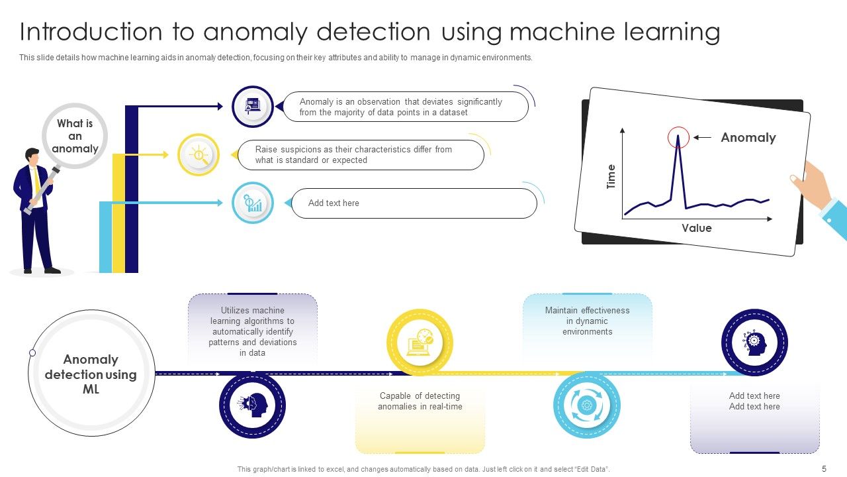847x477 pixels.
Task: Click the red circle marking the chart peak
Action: [x=678, y=138]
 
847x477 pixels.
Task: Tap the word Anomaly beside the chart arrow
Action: [x=748, y=138]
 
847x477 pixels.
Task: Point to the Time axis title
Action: [x=611, y=177]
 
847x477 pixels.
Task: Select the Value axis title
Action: [x=697, y=228]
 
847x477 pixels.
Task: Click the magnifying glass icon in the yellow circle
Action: [x=199, y=155]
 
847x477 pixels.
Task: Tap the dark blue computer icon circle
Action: [x=253, y=107]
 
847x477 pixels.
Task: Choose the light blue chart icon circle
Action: [x=253, y=203]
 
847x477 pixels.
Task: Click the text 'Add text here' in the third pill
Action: [x=334, y=203]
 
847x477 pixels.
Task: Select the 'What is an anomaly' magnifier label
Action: [x=75, y=136]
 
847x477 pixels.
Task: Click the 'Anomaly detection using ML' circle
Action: [x=91, y=374]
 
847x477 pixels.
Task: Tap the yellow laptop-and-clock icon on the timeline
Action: [x=420, y=342]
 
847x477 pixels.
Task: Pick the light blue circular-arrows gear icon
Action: [x=586, y=405]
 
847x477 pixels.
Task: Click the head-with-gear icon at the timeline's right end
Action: [x=754, y=343]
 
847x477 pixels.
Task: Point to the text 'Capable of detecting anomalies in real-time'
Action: [x=420, y=401]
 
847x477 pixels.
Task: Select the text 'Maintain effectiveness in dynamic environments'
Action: [x=587, y=321]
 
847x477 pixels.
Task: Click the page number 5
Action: [x=824, y=469]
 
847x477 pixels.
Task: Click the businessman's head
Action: [x=32, y=156]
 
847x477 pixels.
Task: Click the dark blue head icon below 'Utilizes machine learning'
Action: [x=252, y=405]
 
